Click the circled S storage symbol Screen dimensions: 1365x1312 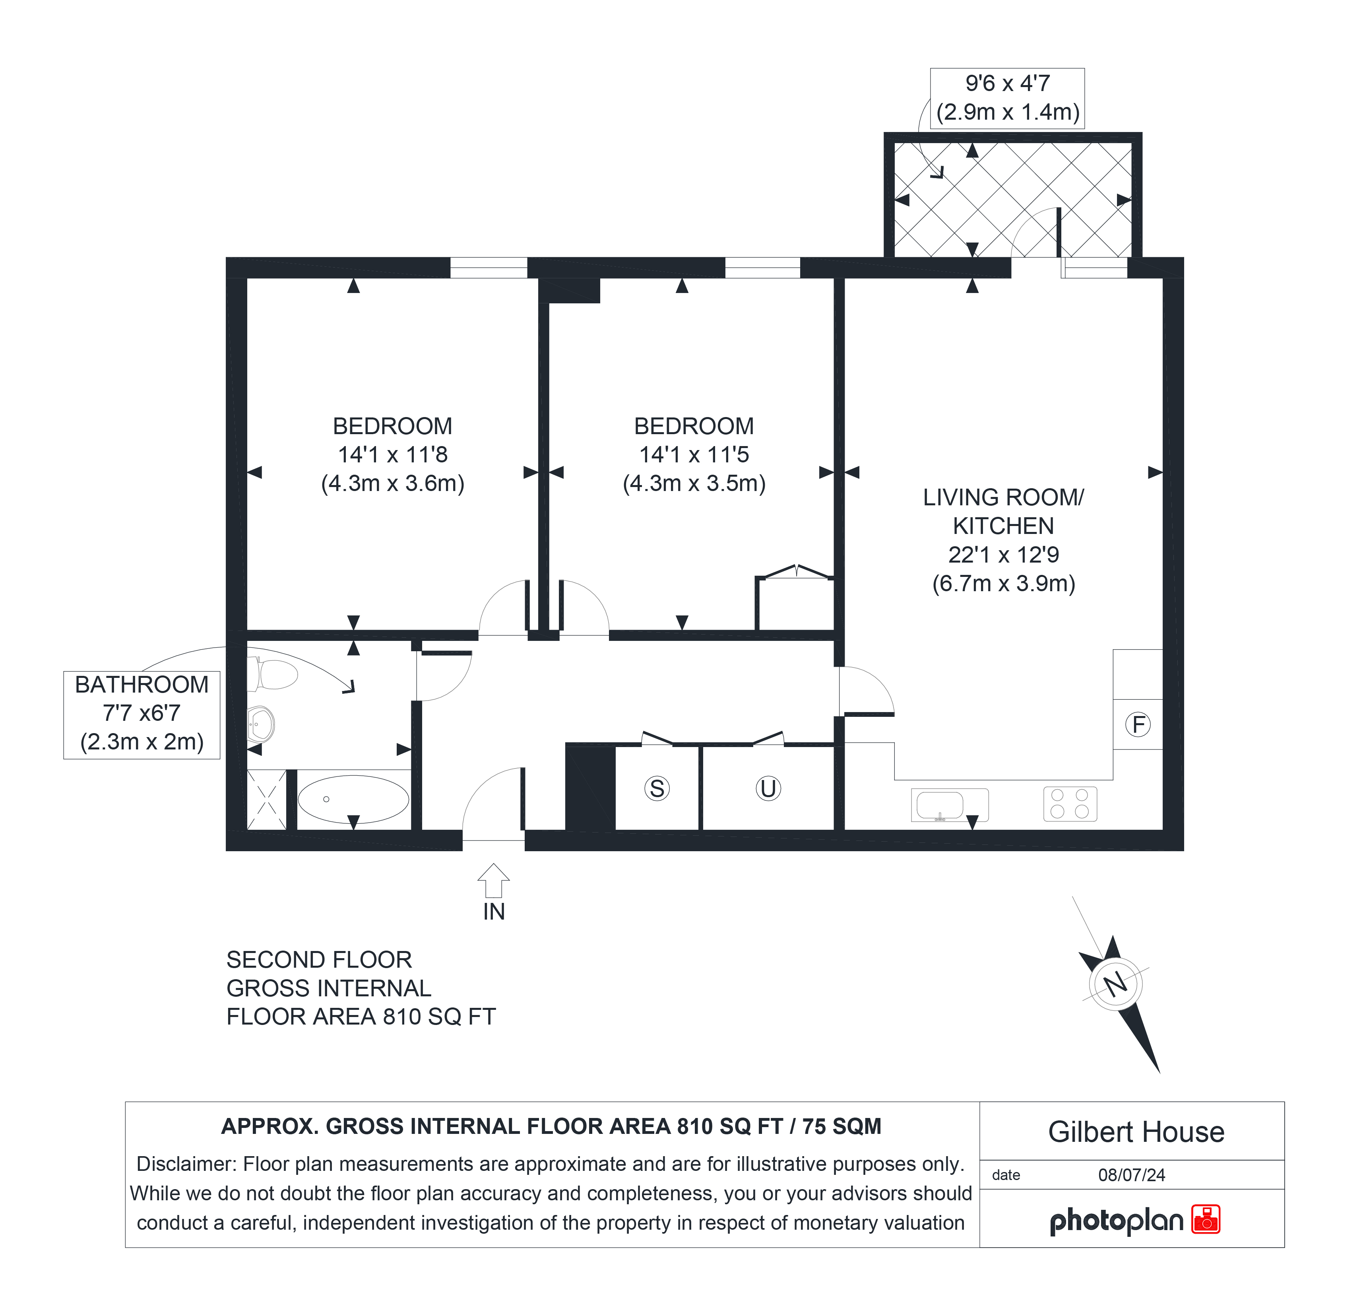point(657,788)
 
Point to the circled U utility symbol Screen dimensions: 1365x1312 point(768,788)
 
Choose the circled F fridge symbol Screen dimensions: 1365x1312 point(1138,725)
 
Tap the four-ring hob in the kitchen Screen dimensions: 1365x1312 point(1070,804)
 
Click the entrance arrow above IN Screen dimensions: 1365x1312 point(494,880)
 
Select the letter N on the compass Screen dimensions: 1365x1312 point(1116,984)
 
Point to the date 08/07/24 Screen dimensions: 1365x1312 point(1132,1175)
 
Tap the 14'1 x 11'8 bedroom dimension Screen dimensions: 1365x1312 point(393,455)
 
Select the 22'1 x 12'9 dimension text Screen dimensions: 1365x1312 point(1004,555)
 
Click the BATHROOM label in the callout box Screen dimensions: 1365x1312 point(142,685)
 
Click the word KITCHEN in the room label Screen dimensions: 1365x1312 point(1004,526)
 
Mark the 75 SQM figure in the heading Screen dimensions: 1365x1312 point(842,1126)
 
